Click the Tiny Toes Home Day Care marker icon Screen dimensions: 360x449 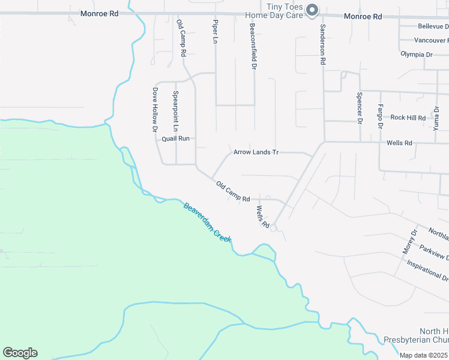click(x=312, y=10)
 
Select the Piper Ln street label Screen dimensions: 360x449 click(x=215, y=31)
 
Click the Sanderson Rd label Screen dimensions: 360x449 click(x=322, y=44)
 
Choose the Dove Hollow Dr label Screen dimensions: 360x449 click(x=154, y=110)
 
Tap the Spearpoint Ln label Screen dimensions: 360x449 click(x=176, y=111)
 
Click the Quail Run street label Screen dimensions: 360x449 click(x=175, y=139)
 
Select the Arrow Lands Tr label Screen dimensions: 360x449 click(x=256, y=152)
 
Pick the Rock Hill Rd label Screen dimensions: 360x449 click(x=408, y=118)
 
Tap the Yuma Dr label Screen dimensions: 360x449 click(x=436, y=118)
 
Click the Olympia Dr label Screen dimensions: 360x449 click(x=417, y=55)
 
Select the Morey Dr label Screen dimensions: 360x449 click(x=409, y=241)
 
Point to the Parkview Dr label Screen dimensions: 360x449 click(x=433, y=251)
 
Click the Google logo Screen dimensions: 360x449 click(x=20, y=353)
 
